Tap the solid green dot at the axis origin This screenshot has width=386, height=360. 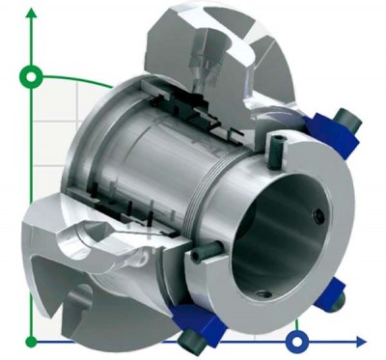[x=32, y=341]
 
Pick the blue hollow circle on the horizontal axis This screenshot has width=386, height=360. [x=298, y=341]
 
